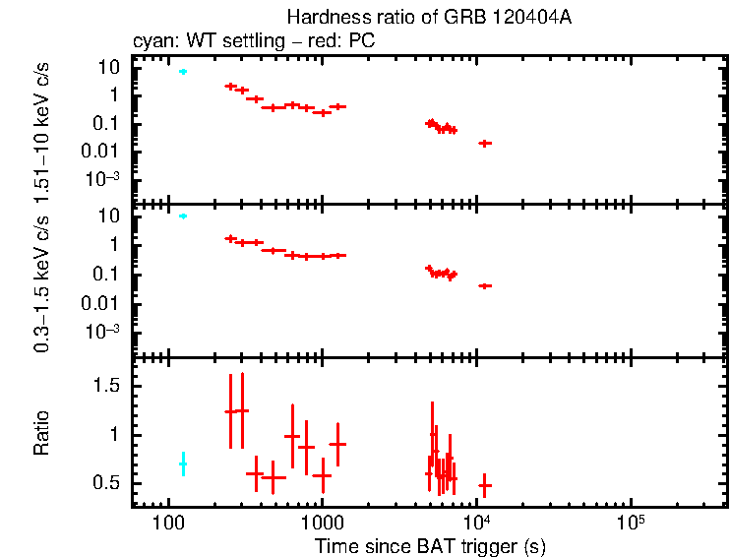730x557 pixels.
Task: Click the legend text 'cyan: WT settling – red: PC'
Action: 253,41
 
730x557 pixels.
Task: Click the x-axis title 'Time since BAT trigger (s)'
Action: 430,545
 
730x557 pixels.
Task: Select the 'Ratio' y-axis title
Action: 42,433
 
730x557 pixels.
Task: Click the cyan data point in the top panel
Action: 182,72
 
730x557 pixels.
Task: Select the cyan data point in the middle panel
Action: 182,216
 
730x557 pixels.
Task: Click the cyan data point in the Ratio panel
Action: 182,464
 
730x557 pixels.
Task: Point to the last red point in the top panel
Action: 484,144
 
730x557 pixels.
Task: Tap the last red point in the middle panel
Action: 484,285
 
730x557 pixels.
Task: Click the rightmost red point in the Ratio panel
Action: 484,485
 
